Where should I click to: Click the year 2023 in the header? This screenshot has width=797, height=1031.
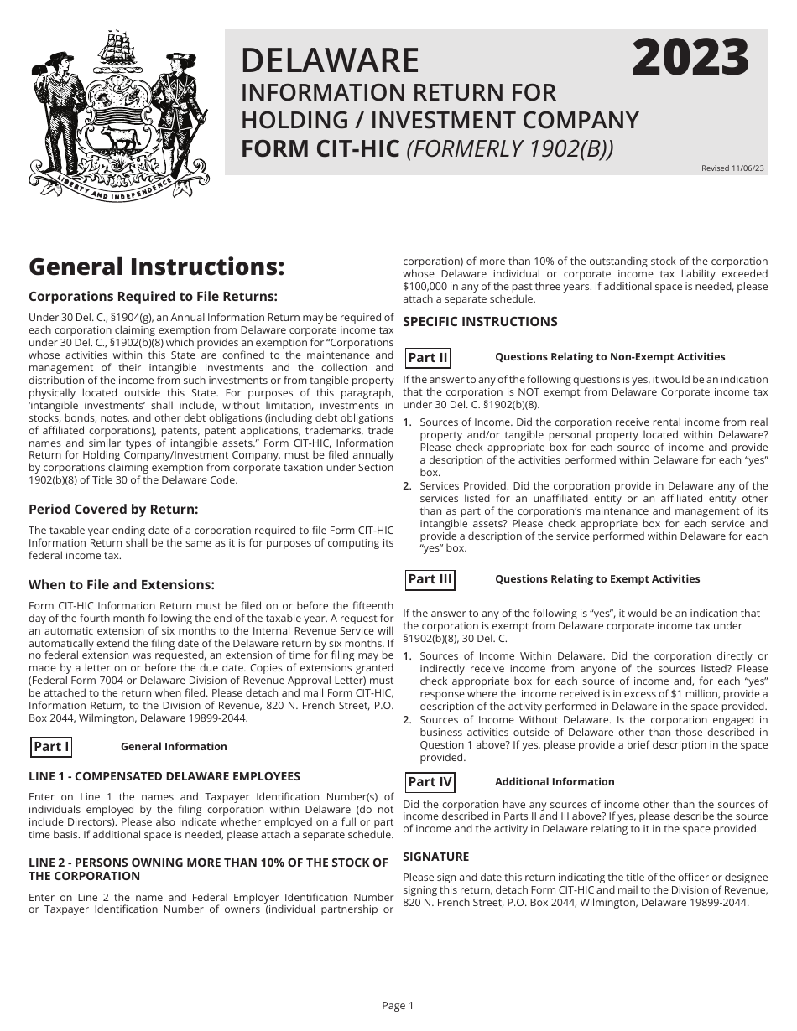coord(690,59)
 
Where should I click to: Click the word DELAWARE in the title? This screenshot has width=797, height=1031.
coord(330,61)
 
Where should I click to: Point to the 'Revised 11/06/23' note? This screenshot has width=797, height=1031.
coord(732,168)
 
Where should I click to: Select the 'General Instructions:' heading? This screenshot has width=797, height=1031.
coord(156,267)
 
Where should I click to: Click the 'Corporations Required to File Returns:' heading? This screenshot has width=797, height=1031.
coord(153,296)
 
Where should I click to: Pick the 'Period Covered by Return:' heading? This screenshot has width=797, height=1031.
coord(113,509)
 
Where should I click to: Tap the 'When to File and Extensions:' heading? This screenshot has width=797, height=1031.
coord(121,584)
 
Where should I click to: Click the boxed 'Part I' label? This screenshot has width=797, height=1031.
coord(51,746)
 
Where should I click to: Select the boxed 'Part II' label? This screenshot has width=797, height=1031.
coord(428,358)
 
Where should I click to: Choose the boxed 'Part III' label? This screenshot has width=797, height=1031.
coord(430,579)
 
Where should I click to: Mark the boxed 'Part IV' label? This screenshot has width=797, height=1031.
coord(430,782)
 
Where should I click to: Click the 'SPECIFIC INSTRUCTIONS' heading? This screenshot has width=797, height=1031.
coord(480,321)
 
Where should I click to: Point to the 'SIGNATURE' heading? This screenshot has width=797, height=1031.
coord(435,856)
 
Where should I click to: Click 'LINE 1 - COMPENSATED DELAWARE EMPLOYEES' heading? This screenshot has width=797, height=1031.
coord(164,776)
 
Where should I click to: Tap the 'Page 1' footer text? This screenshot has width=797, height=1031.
coord(398,1006)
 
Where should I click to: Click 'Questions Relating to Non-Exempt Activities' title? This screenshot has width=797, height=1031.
coord(610,357)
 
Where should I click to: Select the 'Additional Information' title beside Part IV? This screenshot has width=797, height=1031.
coord(555,782)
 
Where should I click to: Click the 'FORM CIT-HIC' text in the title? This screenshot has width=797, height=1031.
coord(320,148)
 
